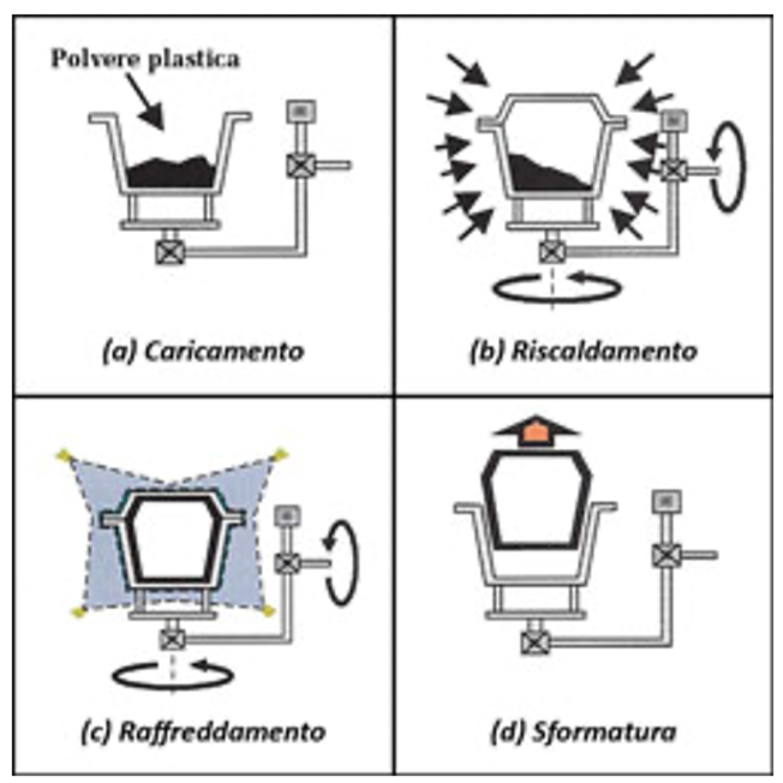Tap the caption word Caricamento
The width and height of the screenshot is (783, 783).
pyautogui.click(x=224, y=351)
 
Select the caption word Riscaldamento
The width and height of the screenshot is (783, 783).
pyautogui.click(x=604, y=351)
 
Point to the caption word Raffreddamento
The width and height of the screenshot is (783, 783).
pyautogui.click(x=223, y=732)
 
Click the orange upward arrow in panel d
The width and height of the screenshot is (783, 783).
pyautogui.click(x=536, y=431)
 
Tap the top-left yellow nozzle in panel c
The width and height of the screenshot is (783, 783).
pyautogui.click(x=63, y=455)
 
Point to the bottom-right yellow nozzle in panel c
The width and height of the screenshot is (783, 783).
pyautogui.click(x=269, y=610)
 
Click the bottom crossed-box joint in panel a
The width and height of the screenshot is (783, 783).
pyautogui.click(x=170, y=252)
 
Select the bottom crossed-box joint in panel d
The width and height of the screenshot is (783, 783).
pyautogui.click(x=535, y=642)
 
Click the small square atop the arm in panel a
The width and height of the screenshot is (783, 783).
pyautogui.click(x=301, y=112)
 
